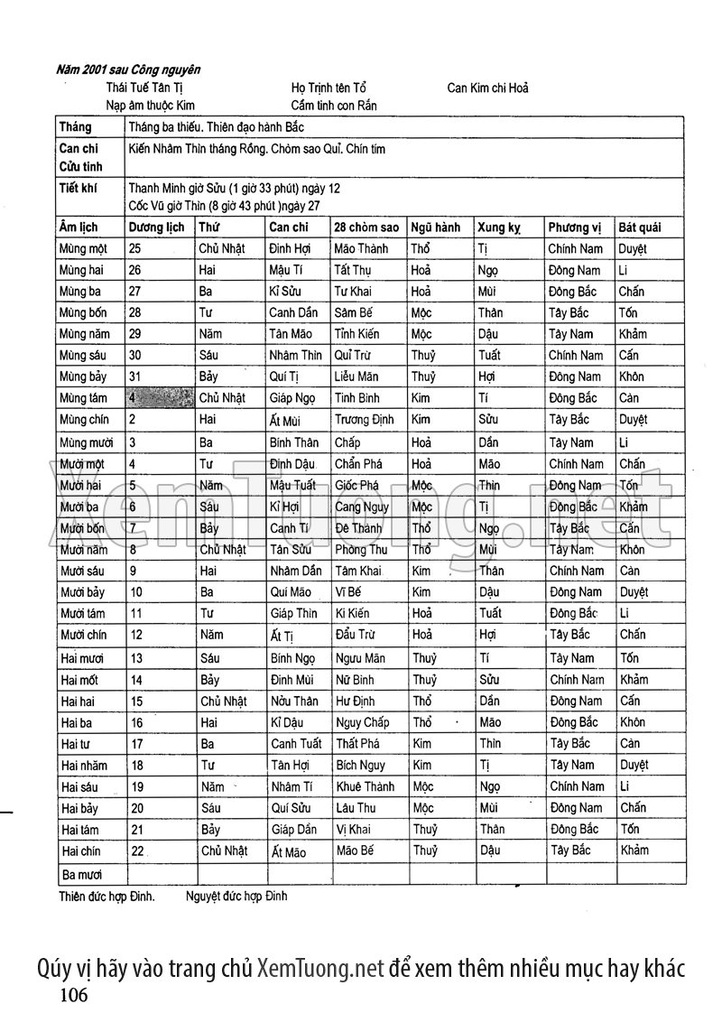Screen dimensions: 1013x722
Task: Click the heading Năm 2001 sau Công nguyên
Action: click(128, 70)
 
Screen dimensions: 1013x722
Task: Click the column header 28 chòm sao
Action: click(366, 228)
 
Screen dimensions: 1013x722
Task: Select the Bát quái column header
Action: click(640, 228)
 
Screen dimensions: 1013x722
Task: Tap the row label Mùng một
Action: click(82, 248)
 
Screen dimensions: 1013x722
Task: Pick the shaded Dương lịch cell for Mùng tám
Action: click(159, 398)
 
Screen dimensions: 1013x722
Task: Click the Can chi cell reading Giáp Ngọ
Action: click(293, 398)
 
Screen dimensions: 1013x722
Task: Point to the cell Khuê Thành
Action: click(365, 787)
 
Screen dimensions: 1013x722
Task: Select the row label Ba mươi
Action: click(81, 875)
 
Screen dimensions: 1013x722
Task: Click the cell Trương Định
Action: click(365, 420)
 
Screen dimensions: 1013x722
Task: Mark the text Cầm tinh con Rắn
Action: click(334, 106)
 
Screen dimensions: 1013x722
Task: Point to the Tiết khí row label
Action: click(79, 188)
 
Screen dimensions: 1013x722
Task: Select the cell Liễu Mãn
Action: click(356, 376)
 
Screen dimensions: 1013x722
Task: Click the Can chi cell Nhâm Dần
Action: click(295, 572)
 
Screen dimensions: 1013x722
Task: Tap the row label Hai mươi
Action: click(81, 659)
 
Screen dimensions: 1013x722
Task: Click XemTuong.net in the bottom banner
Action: click(320, 969)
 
